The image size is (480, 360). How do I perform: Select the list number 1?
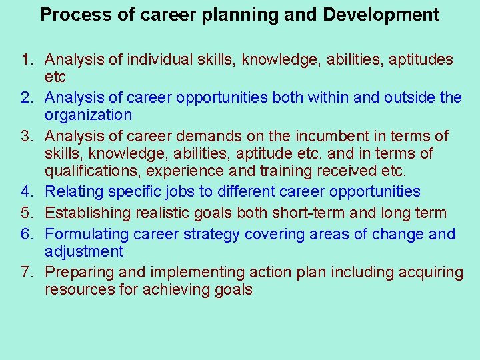(x=27, y=60)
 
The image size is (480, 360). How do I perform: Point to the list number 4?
(x=27, y=192)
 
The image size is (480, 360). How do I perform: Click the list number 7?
(x=27, y=273)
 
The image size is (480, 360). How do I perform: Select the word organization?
(x=88, y=115)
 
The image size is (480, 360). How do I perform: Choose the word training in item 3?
(x=287, y=171)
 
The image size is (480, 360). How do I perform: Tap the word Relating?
(x=74, y=192)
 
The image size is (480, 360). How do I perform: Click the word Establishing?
(x=88, y=213)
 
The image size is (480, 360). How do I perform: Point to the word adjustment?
(x=84, y=252)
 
